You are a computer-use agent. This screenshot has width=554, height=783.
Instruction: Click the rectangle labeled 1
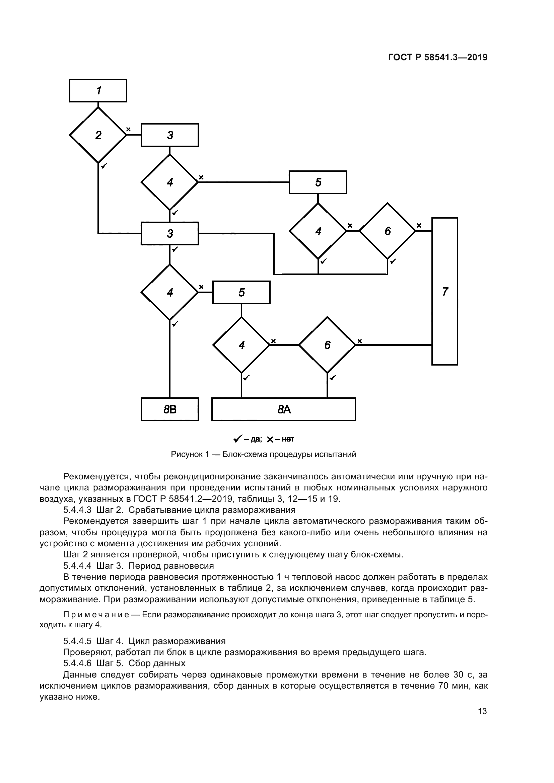(98, 91)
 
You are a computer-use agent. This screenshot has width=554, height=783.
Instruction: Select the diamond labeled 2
(98, 135)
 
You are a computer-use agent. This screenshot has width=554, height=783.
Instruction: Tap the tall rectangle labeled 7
(445, 291)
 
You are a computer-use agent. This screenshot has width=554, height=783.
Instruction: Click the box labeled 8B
(169, 409)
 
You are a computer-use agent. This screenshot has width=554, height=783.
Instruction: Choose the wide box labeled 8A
(284, 409)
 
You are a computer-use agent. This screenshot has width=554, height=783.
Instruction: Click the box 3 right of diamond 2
(170, 135)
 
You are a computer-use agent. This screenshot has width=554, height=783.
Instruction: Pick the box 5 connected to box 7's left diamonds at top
(318, 182)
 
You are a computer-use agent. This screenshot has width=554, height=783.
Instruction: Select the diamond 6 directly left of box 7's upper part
(388, 231)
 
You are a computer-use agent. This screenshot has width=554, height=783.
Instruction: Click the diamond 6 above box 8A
(327, 345)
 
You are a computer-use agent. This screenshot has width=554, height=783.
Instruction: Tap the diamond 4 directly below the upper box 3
(169, 182)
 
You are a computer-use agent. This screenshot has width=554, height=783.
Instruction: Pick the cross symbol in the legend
(270, 439)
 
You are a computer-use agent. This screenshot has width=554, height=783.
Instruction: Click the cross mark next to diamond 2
(129, 129)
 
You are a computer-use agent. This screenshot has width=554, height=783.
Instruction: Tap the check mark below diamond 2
(104, 166)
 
